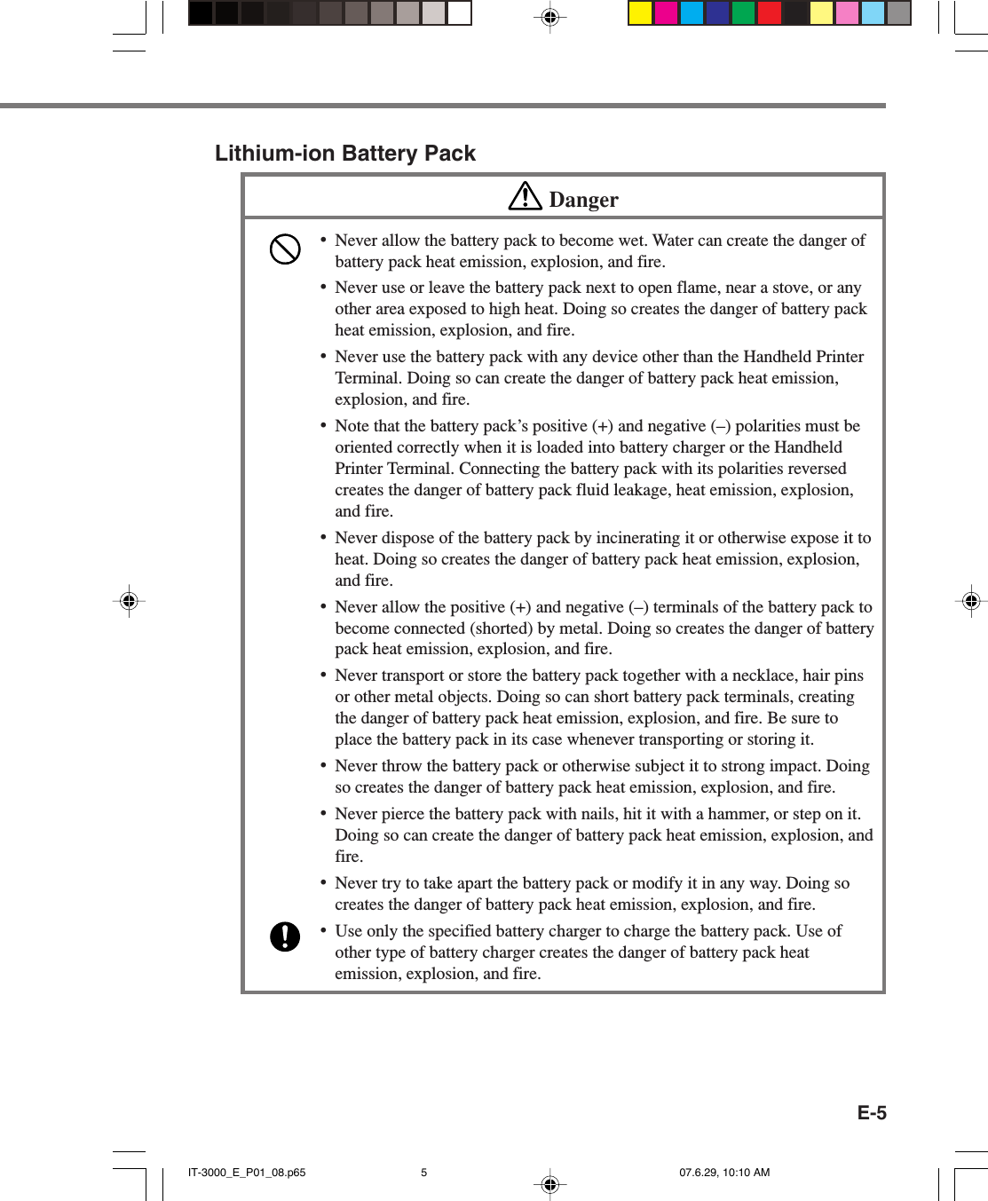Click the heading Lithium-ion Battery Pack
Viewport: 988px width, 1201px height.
pyautogui.click(x=344, y=154)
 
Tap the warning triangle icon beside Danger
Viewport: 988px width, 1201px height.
pyautogui.click(x=525, y=196)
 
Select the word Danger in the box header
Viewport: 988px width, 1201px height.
pyautogui.click(x=583, y=200)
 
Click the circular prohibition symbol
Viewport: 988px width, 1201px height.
pyautogui.click(x=285, y=249)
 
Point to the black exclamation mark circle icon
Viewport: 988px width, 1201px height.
pyautogui.click(x=285, y=936)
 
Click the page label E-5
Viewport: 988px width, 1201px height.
pyautogui.click(x=871, y=1113)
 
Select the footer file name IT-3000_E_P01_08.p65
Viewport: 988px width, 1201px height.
pyautogui.click(x=247, y=1173)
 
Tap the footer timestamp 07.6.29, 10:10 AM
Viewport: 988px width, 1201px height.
pyautogui.click(x=724, y=1173)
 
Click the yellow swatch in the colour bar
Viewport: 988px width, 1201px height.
pyautogui.click(x=640, y=13)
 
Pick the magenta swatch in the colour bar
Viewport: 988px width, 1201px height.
pyautogui.click(x=666, y=13)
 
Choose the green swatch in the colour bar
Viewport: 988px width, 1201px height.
pyautogui.click(x=743, y=13)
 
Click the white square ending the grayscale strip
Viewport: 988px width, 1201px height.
pyautogui.click(x=459, y=13)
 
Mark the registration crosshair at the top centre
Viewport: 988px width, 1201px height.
pyautogui.click(x=550, y=17)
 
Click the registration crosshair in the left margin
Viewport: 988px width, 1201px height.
pyautogui.click(x=129, y=601)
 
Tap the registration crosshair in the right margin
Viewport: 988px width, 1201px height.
pyautogui.click(x=971, y=601)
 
